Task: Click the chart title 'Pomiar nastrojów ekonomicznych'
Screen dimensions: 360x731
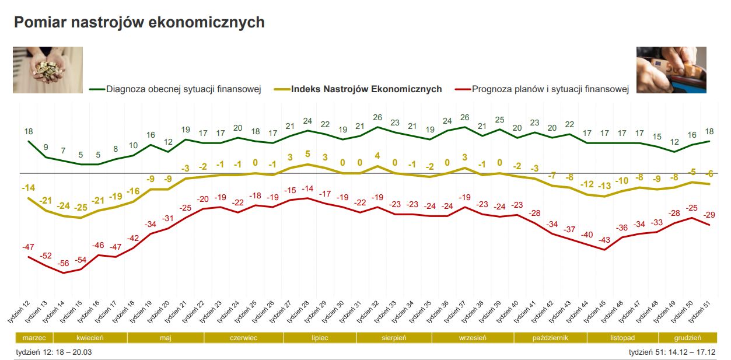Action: (x=139, y=22)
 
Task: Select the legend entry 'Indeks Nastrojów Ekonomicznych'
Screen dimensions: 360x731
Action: (x=366, y=89)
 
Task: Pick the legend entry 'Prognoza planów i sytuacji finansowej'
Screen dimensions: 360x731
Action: (x=550, y=89)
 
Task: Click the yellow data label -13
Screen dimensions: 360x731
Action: (x=604, y=186)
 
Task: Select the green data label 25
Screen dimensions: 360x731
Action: (x=499, y=120)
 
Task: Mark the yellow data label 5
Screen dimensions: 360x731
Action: (x=308, y=154)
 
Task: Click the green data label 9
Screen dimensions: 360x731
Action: (x=46, y=147)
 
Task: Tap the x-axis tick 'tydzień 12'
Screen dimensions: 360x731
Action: (x=20, y=312)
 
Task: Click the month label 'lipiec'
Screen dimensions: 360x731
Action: (x=320, y=338)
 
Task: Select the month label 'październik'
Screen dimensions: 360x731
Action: (x=550, y=338)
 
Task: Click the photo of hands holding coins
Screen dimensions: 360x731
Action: (x=48, y=70)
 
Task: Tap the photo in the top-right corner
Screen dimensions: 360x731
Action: (x=671, y=70)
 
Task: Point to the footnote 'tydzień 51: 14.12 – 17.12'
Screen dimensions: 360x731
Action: (x=672, y=352)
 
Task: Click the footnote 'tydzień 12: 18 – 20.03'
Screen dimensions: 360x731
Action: (x=54, y=352)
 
